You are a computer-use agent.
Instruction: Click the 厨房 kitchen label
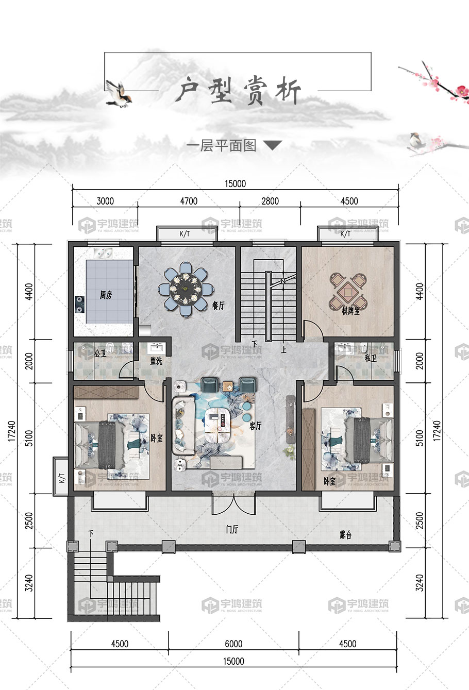pyautogui.click(x=106, y=295)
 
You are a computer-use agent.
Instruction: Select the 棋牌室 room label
pyautogui.click(x=350, y=311)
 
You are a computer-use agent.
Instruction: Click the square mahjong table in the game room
pyautogui.click(x=348, y=291)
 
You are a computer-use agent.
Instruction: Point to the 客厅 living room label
pyautogui.click(x=255, y=426)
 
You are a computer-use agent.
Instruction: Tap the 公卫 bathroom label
pyautogui.click(x=100, y=354)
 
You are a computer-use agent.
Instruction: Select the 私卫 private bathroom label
pyautogui.click(x=371, y=358)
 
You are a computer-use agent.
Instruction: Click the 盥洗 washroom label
pyautogui.click(x=156, y=360)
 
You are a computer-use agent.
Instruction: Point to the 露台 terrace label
pyautogui.click(x=345, y=535)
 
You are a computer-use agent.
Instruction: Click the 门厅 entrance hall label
pyautogui.click(x=232, y=529)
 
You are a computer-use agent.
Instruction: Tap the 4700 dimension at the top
pyautogui.click(x=189, y=201)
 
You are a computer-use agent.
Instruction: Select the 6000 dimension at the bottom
pyautogui.click(x=233, y=644)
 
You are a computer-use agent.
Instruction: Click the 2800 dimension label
pyautogui.click(x=270, y=201)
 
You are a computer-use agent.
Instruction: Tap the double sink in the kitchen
pyautogui.click(x=103, y=253)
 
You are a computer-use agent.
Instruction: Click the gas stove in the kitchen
pyautogui.click(x=79, y=305)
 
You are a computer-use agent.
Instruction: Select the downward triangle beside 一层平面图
pyautogui.click(x=272, y=145)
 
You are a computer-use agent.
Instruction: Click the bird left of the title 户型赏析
pyautogui.click(x=119, y=94)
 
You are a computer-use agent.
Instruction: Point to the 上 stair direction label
pyautogui.click(x=283, y=350)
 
